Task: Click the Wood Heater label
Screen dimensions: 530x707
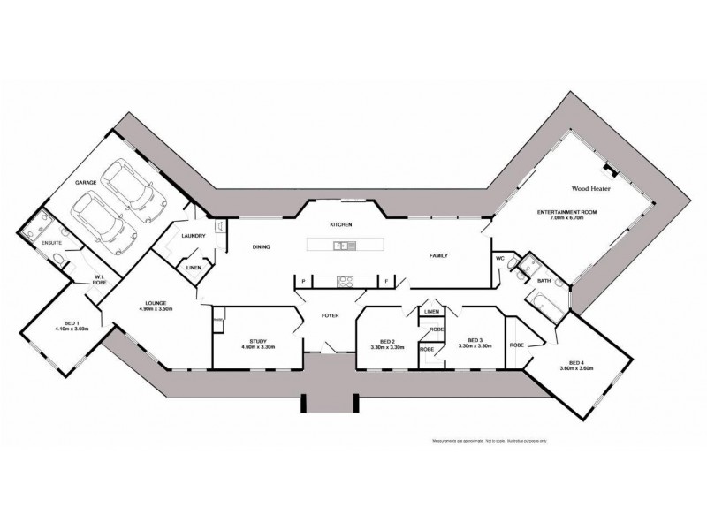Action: pos(590,188)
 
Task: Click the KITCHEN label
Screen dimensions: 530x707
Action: pos(341,225)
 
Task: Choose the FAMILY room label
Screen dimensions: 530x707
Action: pos(438,255)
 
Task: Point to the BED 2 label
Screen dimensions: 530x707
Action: pos(386,341)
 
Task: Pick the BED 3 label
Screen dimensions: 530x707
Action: pos(474,340)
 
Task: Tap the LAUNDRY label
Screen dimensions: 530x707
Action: pos(193,236)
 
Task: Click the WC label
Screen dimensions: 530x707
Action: pos(499,259)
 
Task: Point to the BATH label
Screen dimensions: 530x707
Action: pos(545,281)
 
